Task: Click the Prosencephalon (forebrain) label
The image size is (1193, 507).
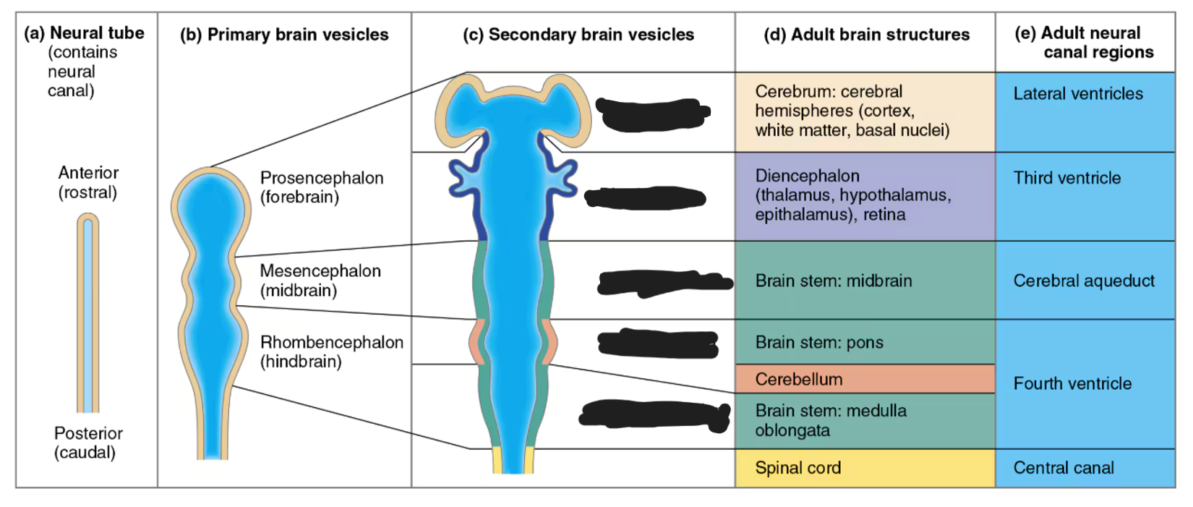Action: [x=321, y=187]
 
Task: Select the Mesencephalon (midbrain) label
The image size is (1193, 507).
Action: [x=320, y=281]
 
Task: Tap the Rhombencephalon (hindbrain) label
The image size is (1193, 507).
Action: [x=331, y=352]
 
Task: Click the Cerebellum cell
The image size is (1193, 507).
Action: [x=865, y=379]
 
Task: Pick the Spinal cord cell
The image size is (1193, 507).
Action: [x=865, y=468]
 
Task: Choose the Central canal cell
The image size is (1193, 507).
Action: [x=1085, y=468]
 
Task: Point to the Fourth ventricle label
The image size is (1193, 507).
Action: [x=1072, y=383]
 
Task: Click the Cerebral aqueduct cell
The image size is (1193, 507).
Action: [x=1085, y=281]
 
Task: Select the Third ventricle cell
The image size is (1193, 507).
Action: [x=1085, y=195]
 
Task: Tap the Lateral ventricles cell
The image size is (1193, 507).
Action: [x=1085, y=112]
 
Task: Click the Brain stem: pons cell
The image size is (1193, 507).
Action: [x=865, y=342]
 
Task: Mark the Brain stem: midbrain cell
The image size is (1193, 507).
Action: [x=865, y=281]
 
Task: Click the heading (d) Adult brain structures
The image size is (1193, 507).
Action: [x=866, y=35]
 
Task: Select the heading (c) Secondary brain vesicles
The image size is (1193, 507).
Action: [x=578, y=35]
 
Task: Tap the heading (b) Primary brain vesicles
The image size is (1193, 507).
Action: [x=284, y=35]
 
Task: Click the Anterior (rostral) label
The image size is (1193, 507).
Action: [x=88, y=182]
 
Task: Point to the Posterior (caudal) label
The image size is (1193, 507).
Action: [x=87, y=443]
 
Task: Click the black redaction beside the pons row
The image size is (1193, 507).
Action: [x=658, y=344]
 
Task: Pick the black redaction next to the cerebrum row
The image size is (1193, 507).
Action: [x=652, y=114]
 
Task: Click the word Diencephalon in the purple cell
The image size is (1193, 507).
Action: [x=807, y=176]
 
